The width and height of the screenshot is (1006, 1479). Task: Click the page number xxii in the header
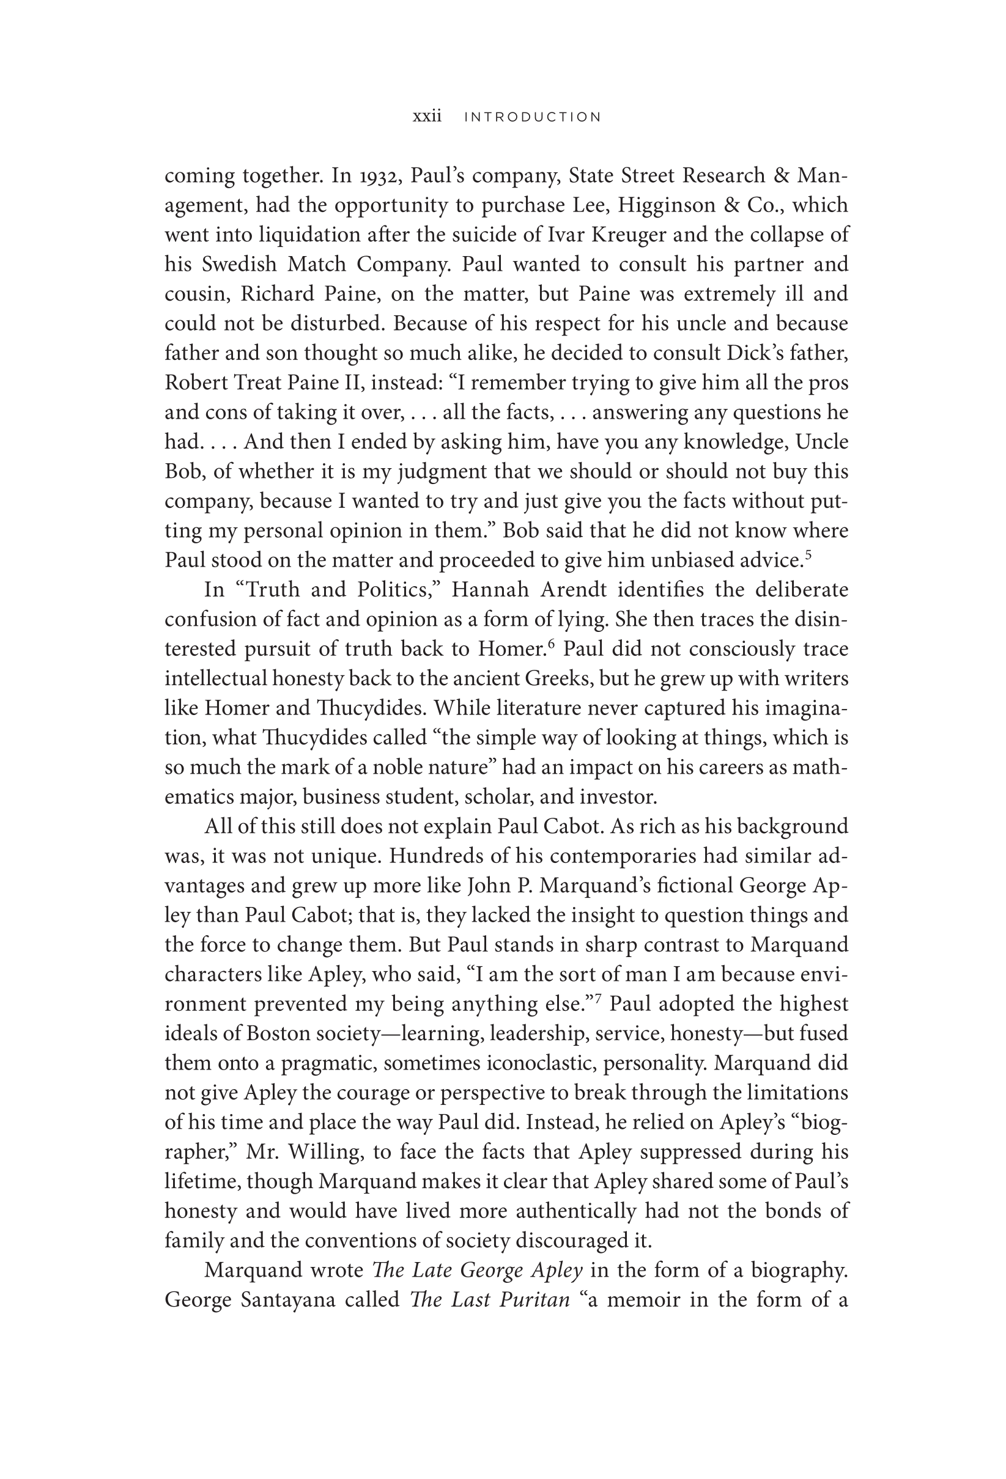[x=427, y=117]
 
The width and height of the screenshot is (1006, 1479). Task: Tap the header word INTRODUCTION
[x=532, y=117]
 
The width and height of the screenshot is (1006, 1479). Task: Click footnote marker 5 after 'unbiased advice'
[x=808, y=554]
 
